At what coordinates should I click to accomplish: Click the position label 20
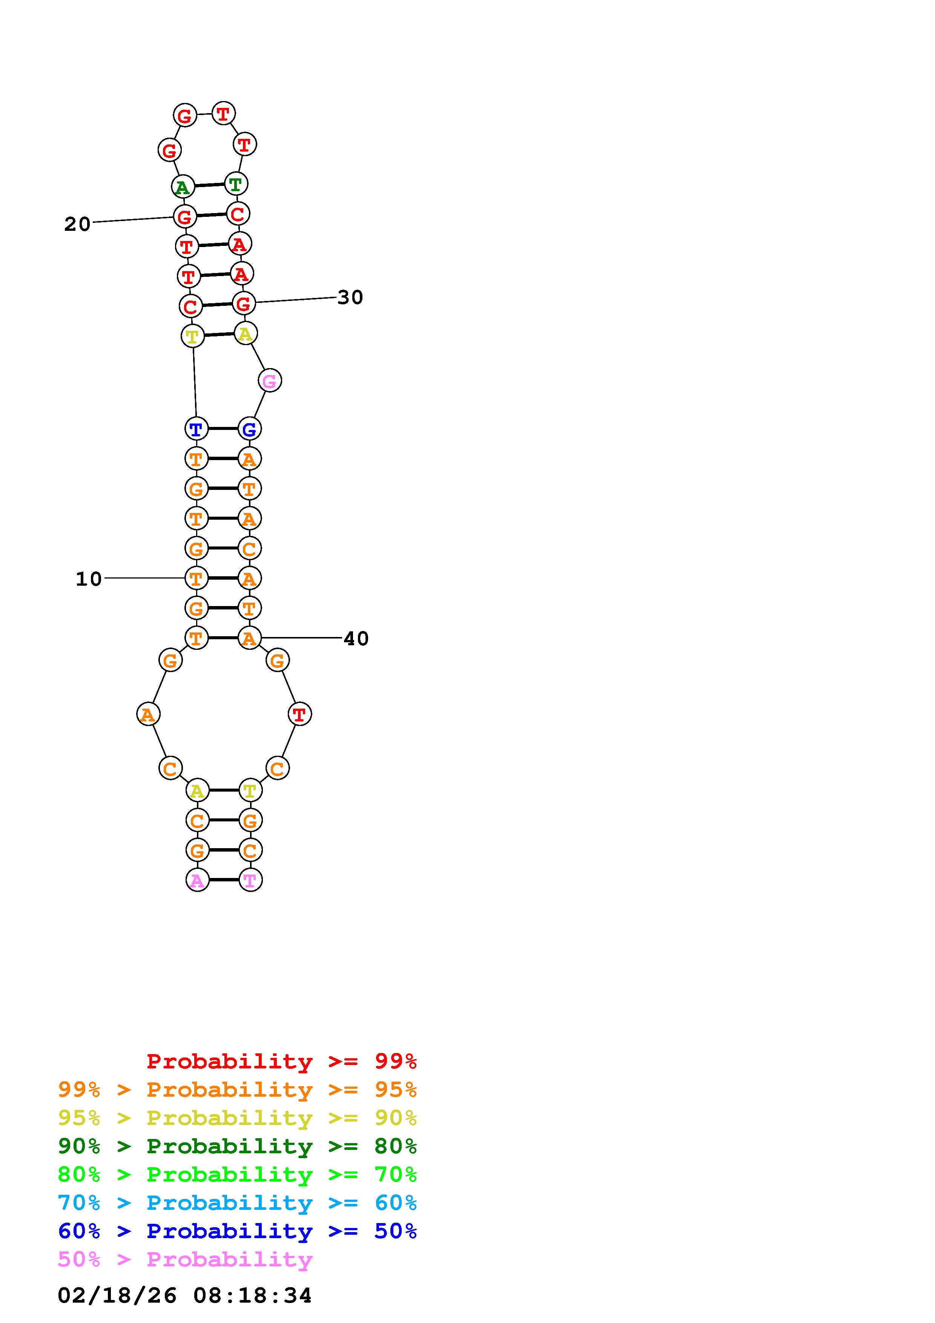(77, 224)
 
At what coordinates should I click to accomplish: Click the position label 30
(350, 297)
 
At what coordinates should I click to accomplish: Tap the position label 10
(89, 579)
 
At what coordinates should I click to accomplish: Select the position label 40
(356, 638)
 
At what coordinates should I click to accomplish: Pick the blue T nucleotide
(196, 429)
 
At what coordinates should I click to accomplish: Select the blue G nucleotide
(249, 429)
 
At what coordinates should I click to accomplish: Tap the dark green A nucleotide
(183, 187)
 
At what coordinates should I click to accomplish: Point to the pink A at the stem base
(197, 880)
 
